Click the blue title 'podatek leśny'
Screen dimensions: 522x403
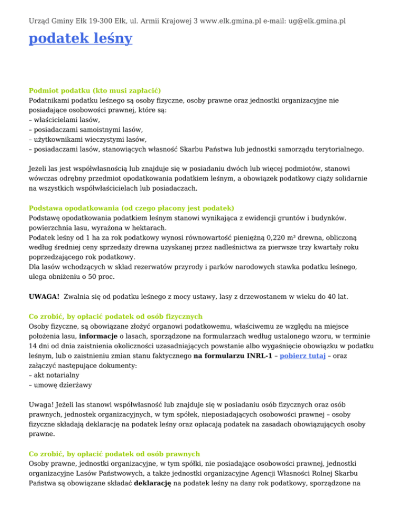point(80,39)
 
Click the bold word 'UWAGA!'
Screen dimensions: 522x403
point(44,297)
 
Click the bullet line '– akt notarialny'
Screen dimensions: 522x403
point(56,377)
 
